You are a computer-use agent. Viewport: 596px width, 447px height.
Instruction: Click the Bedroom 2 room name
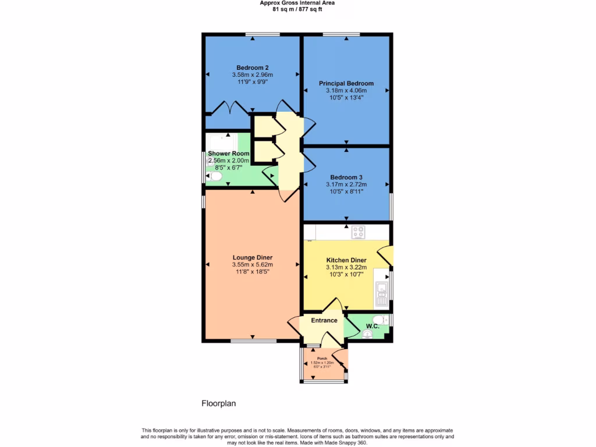(x=252, y=67)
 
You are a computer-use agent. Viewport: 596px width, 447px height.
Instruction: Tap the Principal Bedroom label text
(x=346, y=83)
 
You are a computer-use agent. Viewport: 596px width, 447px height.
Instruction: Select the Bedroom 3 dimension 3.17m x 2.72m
(x=346, y=185)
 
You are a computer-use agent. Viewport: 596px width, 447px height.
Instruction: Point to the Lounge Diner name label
(x=253, y=257)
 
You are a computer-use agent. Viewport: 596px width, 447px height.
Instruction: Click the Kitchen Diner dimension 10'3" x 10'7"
(x=346, y=275)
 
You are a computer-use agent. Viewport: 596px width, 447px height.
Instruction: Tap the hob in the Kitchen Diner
(x=359, y=232)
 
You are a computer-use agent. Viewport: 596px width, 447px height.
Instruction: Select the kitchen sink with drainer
(x=382, y=294)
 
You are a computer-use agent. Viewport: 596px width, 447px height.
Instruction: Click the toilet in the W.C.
(x=378, y=320)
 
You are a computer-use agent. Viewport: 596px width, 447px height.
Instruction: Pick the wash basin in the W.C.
(x=367, y=334)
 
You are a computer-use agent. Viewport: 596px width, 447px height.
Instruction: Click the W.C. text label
(x=372, y=327)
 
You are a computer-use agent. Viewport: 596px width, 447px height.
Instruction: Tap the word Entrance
(x=324, y=320)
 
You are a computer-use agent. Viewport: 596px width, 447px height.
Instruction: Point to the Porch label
(x=322, y=358)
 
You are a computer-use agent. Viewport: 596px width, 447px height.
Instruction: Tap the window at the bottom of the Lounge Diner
(x=253, y=341)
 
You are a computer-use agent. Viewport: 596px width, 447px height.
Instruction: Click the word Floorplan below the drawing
(x=218, y=403)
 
